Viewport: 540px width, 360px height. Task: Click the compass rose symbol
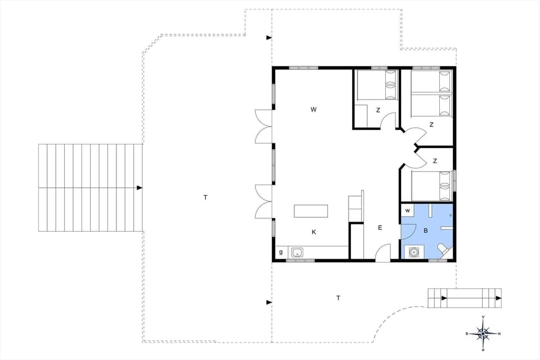point(483,334)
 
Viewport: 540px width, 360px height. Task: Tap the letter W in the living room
point(313,110)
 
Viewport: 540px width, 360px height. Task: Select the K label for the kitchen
point(314,231)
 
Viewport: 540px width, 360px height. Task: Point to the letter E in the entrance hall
point(380,227)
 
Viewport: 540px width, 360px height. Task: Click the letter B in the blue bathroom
point(425,231)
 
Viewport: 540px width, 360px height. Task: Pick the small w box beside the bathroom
point(407,211)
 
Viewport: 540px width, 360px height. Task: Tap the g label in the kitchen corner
point(280,253)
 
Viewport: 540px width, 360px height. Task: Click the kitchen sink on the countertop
point(298,253)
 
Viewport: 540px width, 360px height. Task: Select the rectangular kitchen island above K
point(310,211)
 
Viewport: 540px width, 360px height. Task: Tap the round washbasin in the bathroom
point(415,252)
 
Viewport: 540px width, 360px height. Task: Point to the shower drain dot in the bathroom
point(451,215)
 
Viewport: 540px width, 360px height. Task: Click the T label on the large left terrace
point(205,197)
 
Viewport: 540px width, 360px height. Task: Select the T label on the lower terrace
point(337,298)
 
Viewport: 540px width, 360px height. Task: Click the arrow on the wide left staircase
point(139,187)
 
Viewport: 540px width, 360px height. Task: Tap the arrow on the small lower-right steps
point(444,298)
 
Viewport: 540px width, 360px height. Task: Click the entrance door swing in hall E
point(382,252)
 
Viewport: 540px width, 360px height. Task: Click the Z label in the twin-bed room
point(431,124)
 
